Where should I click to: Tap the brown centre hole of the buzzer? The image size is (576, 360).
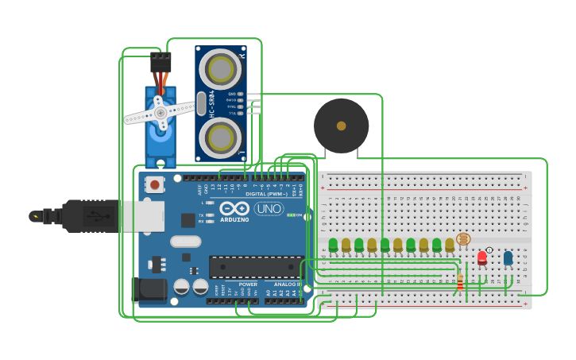[x=341, y=126]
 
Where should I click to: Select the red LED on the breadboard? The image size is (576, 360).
[x=481, y=257]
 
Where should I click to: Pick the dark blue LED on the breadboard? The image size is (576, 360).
[x=508, y=257]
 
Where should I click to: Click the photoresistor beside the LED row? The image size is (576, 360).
[x=463, y=238]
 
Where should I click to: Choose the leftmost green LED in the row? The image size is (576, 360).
[x=333, y=244]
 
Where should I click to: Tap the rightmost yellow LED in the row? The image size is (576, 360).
[x=450, y=244]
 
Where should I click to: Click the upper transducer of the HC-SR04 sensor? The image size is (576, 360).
[x=221, y=69]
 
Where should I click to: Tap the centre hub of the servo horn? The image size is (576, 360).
[x=160, y=113]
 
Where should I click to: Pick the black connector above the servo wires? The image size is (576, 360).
[x=160, y=61]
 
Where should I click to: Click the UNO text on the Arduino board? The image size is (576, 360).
[x=269, y=208]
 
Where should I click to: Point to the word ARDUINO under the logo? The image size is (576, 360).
[x=234, y=219]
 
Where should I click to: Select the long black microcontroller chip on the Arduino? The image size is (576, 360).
[x=255, y=267]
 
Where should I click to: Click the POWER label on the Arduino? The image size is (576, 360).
[x=248, y=284]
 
